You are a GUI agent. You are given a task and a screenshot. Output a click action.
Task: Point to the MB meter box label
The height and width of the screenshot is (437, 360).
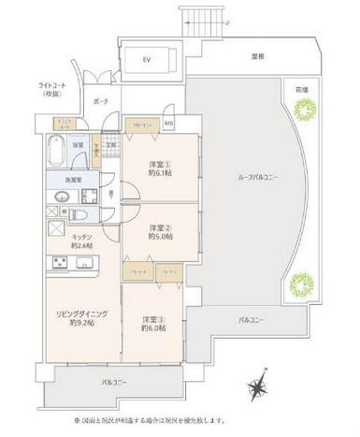click(169, 124)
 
